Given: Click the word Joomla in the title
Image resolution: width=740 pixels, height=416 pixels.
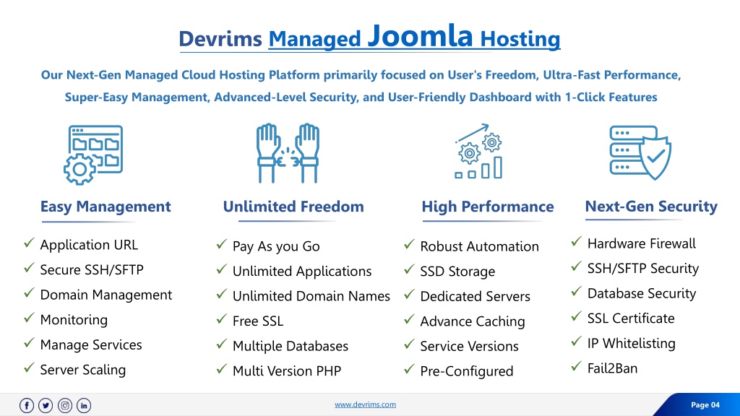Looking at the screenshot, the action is (420, 35).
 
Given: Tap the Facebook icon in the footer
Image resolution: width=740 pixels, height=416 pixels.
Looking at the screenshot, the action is (27, 405).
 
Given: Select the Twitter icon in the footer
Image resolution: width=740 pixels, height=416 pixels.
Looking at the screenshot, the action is (46, 405).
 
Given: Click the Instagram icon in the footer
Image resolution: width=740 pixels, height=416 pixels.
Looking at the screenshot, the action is (65, 405).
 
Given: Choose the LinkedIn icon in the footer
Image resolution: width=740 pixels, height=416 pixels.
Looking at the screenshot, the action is (84, 405).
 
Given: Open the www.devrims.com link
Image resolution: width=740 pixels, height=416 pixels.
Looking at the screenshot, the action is (365, 404).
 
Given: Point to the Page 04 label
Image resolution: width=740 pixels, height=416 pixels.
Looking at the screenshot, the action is (705, 404).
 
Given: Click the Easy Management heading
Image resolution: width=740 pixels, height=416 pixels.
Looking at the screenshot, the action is (106, 206).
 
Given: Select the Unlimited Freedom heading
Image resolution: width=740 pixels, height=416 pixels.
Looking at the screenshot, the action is (293, 206).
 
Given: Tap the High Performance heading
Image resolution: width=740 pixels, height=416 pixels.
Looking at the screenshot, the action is (488, 206).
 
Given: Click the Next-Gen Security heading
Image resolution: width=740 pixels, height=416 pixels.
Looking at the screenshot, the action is (651, 206).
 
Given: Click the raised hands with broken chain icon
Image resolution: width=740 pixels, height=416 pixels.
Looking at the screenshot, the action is (288, 153).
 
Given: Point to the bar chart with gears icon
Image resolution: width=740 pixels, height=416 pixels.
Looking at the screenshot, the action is (478, 152).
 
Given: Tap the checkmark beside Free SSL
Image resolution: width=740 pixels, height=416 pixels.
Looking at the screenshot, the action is (222, 319).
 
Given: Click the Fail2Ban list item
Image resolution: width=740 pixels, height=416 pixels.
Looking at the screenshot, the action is (612, 368).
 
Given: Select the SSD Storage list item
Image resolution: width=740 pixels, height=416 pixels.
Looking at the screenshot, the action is (457, 272).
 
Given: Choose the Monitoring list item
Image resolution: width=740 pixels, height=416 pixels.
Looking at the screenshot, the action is (74, 320).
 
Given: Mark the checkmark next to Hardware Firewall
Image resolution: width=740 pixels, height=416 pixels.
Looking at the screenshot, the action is (576, 242).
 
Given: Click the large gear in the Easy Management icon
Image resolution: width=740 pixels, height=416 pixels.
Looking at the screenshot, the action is (79, 169).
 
